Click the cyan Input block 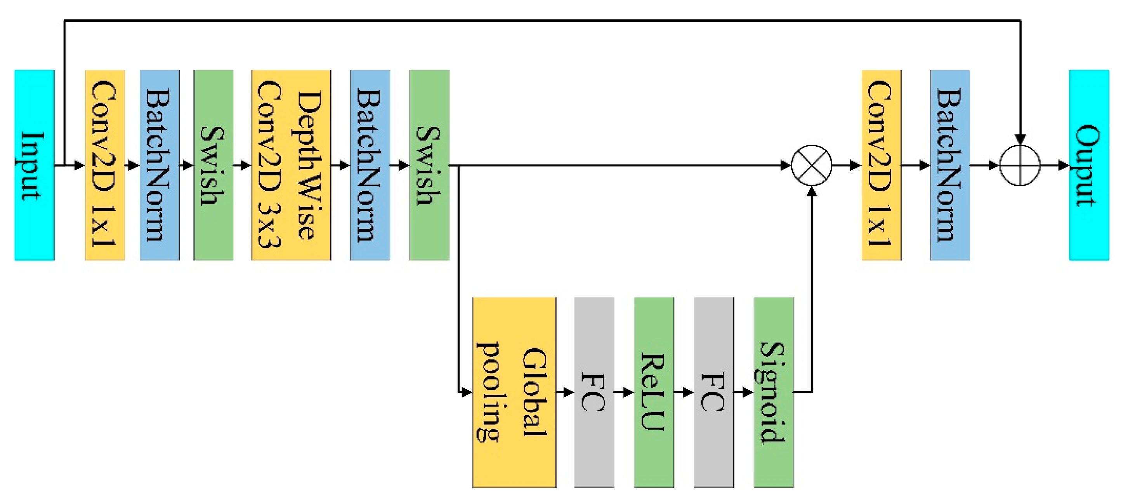click(35, 165)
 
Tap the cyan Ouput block click(1088, 165)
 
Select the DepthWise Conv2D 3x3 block click(291, 165)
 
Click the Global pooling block click(514, 392)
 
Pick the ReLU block click(654, 392)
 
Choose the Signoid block click(773, 392)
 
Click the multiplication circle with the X click(812, 165)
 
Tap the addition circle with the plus click(1020, 165)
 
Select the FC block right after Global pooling click(594, 392)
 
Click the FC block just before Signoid click(714, 392)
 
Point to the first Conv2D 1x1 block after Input click(105, 165)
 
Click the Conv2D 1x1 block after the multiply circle click(881, 165)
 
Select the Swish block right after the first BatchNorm click(213, 165)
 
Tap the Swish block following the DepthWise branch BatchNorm click(429, 165)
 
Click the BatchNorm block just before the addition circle click(949, 165)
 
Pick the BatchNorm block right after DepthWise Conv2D click(370, 165)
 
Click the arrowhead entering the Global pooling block click(467, 392)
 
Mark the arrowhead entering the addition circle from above click(1020, 139)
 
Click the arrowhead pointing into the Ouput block click(1063, 165)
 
